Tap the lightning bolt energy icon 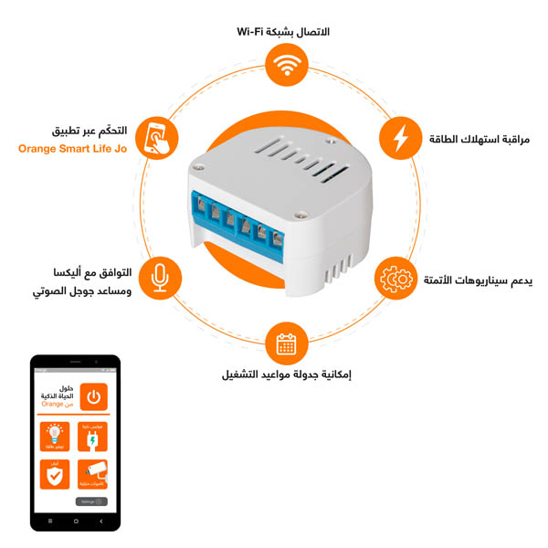pyautogui.click(x=400, y=138)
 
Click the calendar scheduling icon pyautogui.click(x=286, y=343)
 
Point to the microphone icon pyautogui.click(x=161, y=277)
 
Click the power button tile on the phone pyautogui.click(x=93, y=397)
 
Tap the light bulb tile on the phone pyautogui.click(x=55, y=437)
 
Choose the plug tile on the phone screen pyautogui.click(x=92, y=437)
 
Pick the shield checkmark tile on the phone pyautogui.click(x=55, y=476)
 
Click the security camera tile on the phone pyautogui.click(x=92, y=476)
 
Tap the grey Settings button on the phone pyautogui.click(x=91, y=501)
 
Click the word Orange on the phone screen pyautogui.click(x=52, y=404)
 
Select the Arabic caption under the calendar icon pyautogui.click(x=286, y=374)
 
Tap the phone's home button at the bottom pyautogui.click(x=75, y=520)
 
